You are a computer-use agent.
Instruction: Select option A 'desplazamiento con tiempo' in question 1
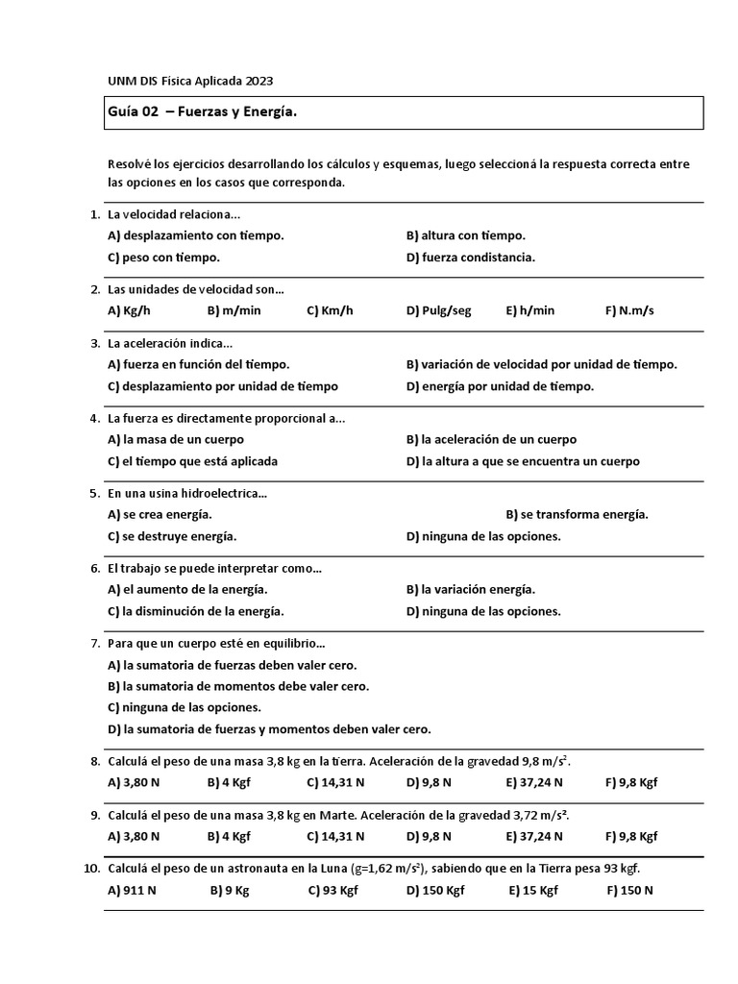(196, 235)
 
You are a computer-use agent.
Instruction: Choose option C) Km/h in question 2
(330, 310)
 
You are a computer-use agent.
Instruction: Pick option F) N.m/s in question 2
(629, 310)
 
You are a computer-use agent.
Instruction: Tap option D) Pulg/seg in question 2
(439, 310)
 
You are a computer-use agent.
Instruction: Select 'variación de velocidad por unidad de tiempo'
(541, 364)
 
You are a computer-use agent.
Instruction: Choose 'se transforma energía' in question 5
(577, 514)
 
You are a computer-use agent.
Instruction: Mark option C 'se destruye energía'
(172, 536)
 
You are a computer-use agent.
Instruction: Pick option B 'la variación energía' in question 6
(471, 589)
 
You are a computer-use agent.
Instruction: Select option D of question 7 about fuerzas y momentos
(269, 729)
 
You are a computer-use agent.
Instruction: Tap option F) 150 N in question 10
(629, 890)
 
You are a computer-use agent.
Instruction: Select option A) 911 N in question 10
(133, 890)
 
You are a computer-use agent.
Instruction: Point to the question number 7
(94, 643)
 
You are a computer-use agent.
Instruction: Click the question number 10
(91, 869)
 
